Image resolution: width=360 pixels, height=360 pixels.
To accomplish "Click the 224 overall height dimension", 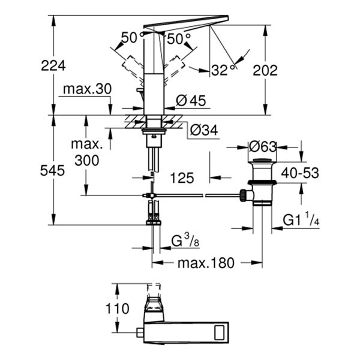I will pyautogui.click(x=53, y=65).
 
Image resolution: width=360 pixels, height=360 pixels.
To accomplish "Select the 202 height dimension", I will pyautogui.click(x=265, y=70).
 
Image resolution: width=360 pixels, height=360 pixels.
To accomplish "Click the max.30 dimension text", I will pyautogui.click(x=86, y=89).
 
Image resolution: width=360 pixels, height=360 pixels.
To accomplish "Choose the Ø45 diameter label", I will pyautogui.click(x=190, y=101).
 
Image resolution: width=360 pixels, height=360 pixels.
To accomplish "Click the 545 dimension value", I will pyautogui.click(x=53, y=170).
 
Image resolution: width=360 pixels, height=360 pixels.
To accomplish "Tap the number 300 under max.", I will pyautogui.click(x=86, y=160).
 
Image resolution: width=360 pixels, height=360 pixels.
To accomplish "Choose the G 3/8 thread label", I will pyautogui.click(x=184, y=241).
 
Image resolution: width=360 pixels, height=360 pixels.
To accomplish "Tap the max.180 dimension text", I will pyautogui.click(x=205, y=262).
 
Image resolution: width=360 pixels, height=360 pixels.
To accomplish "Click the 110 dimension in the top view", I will pyautogui.click(x=117, y=310).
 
